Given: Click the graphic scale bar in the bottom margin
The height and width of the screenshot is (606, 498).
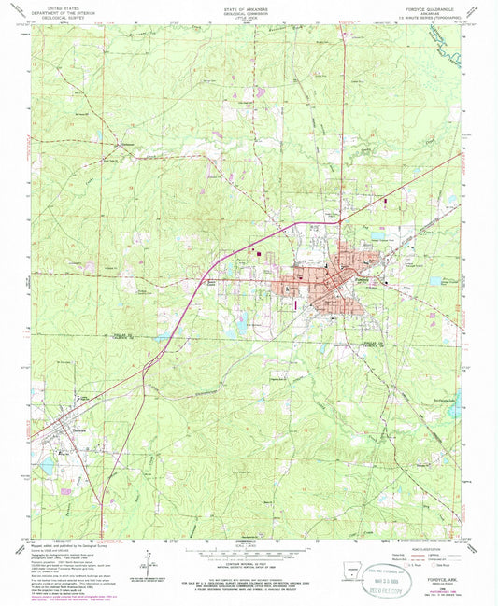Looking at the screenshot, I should pos(249,546).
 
